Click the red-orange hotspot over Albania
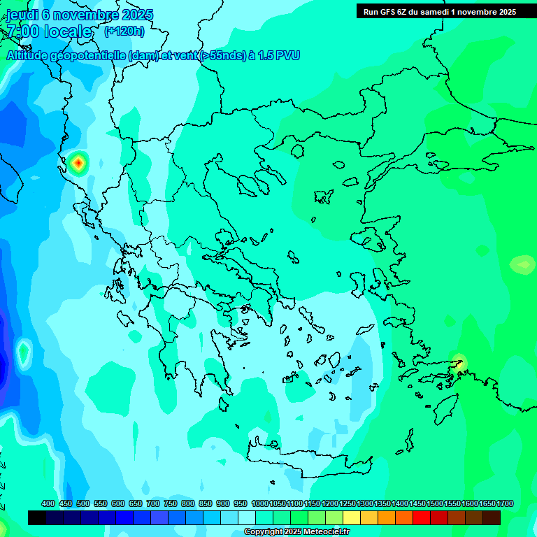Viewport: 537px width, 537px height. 79,163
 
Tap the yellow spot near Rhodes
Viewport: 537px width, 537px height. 459,362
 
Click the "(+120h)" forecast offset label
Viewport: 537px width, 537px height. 124,31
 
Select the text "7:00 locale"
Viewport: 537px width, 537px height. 49,31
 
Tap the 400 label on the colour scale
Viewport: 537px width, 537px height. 48,503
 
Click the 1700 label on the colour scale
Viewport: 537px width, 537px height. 505,503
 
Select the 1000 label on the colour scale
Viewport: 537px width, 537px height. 260,503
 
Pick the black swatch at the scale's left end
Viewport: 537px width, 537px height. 37,518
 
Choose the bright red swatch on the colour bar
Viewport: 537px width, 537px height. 422,518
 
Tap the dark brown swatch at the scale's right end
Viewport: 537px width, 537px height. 492,518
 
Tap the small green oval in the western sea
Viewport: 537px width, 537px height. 24,353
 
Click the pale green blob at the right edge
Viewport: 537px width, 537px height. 522,264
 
